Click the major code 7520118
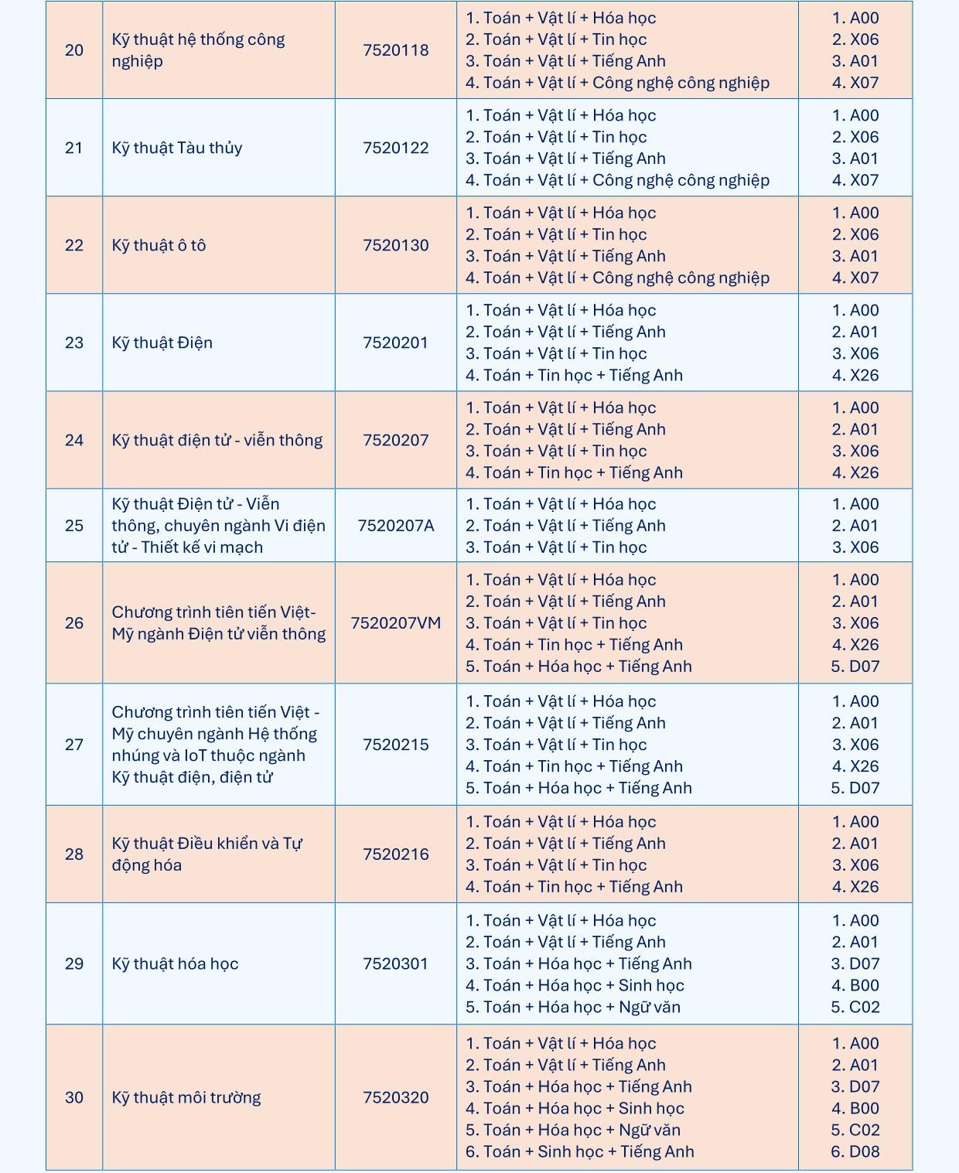pyautogui.click(x=395, y=50)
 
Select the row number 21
pyautogui.click(x=74, y=148)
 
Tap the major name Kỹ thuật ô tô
pyautogui.click(x=159, y=245)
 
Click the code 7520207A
pyautogui.click(x=395, y=526)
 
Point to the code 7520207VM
pyautogui.click(x=395, y=623)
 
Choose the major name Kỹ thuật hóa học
pyautogui.click(x=175, y=963)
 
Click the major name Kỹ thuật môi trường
pyautogui.click(x=186, y=1097)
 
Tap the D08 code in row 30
pyautogui.click(x=855, y=1151)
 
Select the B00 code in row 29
pyautogui.click(x=855, y=985)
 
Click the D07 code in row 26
pyautogui.click(x=855, y=667)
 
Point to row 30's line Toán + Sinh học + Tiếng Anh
pyautogui.click(x=579, y=1151)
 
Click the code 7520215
pyautogui.click(x=395, y=745)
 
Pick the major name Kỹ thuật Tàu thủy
pyautogui.click(x=176, y=148)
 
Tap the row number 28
pyautogui.click(x=74, y=854)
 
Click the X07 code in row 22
pyautogui.click(x=855, y=278)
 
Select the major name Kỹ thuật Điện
pyautogui.click(x=162, y=343)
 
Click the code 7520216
pyautogui.click(x=395, y=854)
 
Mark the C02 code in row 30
pyautogui.click(x=855, y=1130)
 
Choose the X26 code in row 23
pyautogui.click(x=855, y=375)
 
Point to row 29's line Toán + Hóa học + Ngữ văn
pyautogui.click(x=572, y=1007)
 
